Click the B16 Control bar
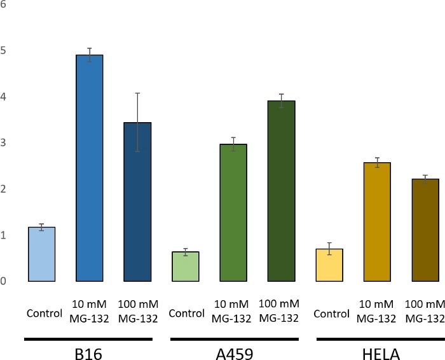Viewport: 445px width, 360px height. (x=42, y=254)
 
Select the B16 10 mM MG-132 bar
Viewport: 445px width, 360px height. (x=90, y=169)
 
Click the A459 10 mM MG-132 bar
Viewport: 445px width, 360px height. (x=233, y=213)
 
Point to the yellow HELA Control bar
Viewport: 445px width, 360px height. (x=329, y=265)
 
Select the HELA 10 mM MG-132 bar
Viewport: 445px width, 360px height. (x=377, y=222)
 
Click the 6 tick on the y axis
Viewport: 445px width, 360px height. (x=3, y=4)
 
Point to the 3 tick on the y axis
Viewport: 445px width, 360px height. (x=3, y=142)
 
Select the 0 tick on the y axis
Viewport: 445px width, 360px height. (x=3, y=281)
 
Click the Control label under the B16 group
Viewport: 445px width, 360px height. (x=44, y=314)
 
